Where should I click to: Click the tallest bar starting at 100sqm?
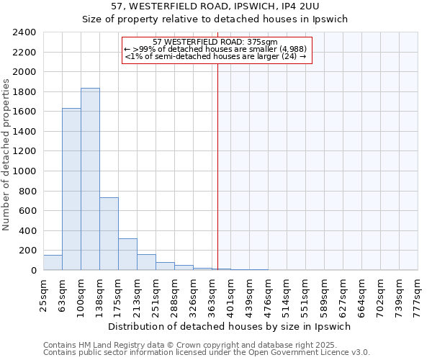pos(90,180)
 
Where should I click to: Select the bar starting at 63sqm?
pos(71,189)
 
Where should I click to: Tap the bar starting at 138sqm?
pos(109,234)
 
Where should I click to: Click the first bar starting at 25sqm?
pos(53,263)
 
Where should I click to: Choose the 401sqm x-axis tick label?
pos(230,296)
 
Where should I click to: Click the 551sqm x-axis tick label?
pos(305,296)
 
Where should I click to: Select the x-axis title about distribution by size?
pos(230,326)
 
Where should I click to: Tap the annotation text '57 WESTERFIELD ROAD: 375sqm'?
pos(215,42)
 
